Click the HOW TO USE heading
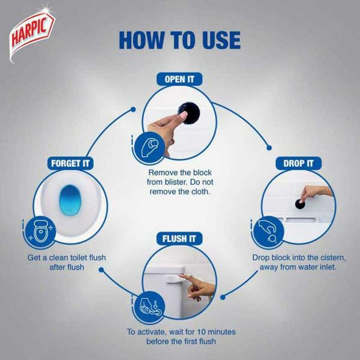(180, 40)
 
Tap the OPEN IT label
(179, 79)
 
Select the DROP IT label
(298, 163)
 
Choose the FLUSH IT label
(179, 239)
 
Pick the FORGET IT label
(70, 163)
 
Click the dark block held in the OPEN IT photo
(189, 113)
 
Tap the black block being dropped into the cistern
(300, 204)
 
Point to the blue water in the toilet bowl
(70, 200)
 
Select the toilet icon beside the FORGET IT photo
(41, 232)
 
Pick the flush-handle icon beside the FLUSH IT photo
(149, 307)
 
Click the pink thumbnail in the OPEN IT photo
(184, 115)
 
